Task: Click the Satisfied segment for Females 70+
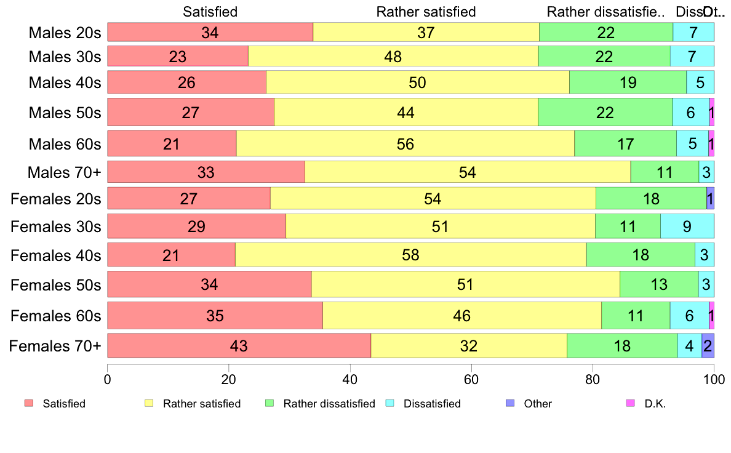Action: pos(239,346)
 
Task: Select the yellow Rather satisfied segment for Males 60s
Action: pos(405,144)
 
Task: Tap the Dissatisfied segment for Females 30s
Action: pos(687,226)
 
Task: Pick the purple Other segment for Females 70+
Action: pos(708,346)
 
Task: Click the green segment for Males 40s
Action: pos(628,82)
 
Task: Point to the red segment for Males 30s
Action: pos(178,57)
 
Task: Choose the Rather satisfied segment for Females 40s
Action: pos(410,255)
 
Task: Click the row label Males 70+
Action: pos(64,173)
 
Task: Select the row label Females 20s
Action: pos(56,199)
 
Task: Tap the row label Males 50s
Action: pos(65,113)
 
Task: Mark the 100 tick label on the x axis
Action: pos(714,380)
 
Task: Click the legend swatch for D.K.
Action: pos(630,404)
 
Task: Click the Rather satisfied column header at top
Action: pos(426,12)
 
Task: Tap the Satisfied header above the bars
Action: pos(210,12)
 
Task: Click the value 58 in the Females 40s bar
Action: pos(410,255)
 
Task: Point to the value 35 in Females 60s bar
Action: pos(215,316)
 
